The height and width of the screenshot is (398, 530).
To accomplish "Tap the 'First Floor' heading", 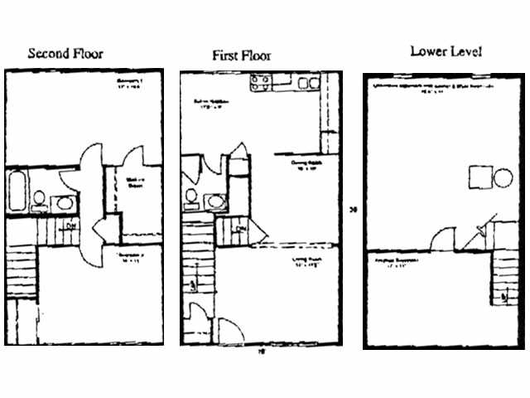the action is (241, 56).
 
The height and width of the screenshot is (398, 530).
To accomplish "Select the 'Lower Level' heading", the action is (446, 52).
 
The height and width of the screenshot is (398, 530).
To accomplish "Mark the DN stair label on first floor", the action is (242, 229).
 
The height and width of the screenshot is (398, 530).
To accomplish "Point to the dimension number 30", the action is (353, 210).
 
